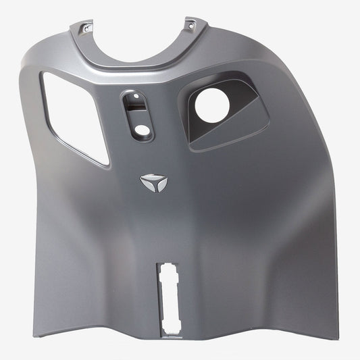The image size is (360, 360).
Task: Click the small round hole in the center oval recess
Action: coord(141,128)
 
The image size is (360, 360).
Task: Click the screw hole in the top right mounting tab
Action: coord(191,26)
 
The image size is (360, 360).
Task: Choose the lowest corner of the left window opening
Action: coord(107,164)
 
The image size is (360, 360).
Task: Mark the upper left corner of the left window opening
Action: coord(44,73)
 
